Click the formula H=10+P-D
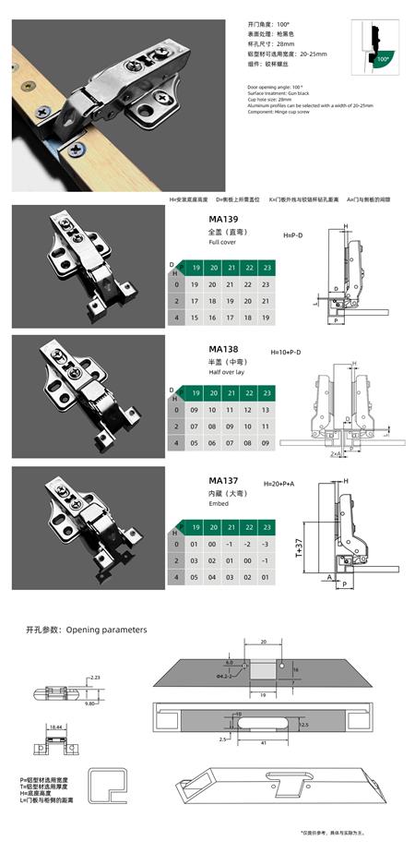[287, 353]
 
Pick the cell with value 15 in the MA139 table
[195, 317]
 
